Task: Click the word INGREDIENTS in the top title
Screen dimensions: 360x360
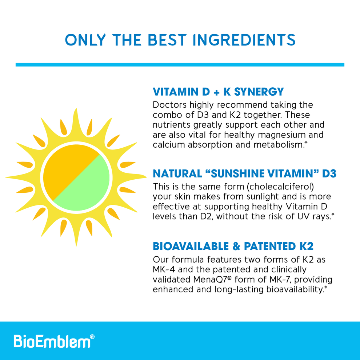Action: [x=244, y=40]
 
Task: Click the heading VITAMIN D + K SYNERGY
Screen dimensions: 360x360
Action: [x=218, y=92]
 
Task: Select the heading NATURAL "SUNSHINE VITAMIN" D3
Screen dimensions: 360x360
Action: [x=244, y=174]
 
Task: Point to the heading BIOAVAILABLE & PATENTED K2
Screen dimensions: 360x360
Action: [x=233, y=246]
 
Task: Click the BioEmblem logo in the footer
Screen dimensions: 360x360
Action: [x=52, y=341]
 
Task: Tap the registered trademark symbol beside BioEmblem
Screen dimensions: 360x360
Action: [x=92, y=337]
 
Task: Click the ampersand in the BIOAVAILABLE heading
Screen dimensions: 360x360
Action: [x=236, y=246]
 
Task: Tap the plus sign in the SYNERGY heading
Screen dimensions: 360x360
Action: [x=217, y=92]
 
